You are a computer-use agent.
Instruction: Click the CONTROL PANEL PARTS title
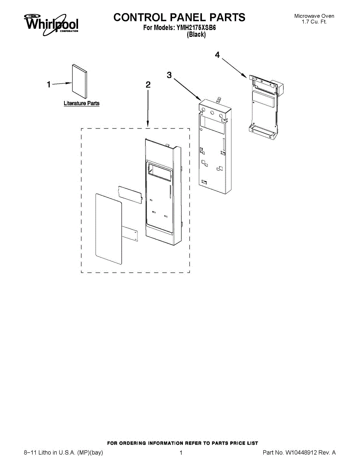click(179, 17)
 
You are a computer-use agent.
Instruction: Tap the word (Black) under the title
click(196, 35)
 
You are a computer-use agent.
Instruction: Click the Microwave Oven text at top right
click(314, 16)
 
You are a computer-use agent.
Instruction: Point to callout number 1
click(49, 85)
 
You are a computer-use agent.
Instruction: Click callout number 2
click(148, 85)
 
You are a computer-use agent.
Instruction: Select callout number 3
click(169, 75)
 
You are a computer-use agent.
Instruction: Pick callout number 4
click(217, 56)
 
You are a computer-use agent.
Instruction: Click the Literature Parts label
click(82, 103)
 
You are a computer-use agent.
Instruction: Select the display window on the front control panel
click(159, 172)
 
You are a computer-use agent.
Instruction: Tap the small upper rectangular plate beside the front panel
click(130, 193)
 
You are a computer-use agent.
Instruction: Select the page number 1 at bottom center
click(181, 452)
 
